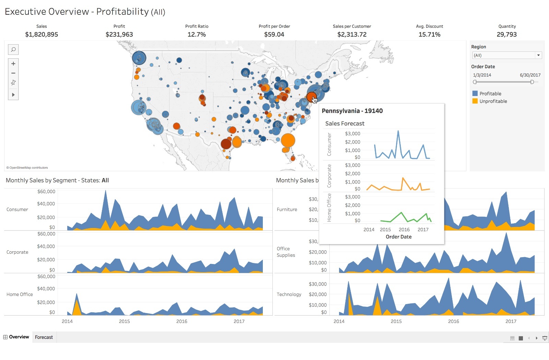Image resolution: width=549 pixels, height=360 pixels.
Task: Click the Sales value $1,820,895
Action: (x=42, y=34)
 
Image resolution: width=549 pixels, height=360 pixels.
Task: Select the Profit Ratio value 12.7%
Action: (x=197, y=34)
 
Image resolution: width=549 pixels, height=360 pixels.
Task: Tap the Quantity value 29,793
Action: (x=506, y=34)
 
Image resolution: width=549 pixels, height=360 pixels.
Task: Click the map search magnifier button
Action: (x=13, y=50)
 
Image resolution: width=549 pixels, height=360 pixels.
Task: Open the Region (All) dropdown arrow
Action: (x=538, y=55)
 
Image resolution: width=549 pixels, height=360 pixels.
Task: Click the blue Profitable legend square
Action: (x=475, y=93)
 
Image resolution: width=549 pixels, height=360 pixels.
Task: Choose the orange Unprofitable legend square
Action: (x=475, y=101)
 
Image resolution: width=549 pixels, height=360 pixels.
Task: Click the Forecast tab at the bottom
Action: (x=44, y=337)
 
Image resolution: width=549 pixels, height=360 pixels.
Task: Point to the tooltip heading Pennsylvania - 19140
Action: (x=352, y=111)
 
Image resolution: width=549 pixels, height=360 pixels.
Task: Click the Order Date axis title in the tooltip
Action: (x=398, y=237)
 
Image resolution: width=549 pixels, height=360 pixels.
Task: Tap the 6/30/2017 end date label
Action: (x=530, y=75)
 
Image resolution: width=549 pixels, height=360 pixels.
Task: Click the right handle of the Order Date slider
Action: (x=532, y=82)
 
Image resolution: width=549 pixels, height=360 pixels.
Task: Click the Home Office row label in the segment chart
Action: (x=20, y=294)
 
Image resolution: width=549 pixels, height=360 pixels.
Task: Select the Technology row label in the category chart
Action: (x=289, y=294)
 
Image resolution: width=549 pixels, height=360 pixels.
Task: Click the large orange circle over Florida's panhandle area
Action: (x=288, y=140)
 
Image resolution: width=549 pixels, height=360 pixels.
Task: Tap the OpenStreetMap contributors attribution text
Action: (x=27, y=168)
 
